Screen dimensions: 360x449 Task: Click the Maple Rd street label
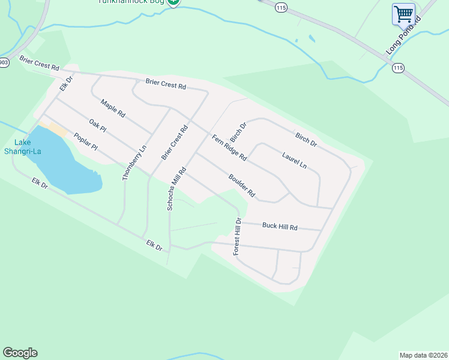[x=113, y=107]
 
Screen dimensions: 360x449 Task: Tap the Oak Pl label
[x=97, y=126]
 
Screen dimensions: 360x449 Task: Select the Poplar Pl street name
[x=85, y=142]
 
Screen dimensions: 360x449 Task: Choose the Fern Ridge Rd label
[x=229, y=148]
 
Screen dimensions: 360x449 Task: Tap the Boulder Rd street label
[x=242, y=185]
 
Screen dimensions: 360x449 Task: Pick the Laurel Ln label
[x=294, y=160]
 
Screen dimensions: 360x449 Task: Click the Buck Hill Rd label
[x=280, y=226]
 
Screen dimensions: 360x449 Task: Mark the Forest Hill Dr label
[x=238, y=238]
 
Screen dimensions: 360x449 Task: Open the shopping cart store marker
[x=404, y=13]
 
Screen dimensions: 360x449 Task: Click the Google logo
[x=20, y=353]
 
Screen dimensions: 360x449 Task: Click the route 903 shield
[x=4, y=62]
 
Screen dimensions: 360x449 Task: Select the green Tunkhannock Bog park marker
[x=173, y=2]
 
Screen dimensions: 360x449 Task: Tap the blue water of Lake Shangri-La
[x=66, y=168]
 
